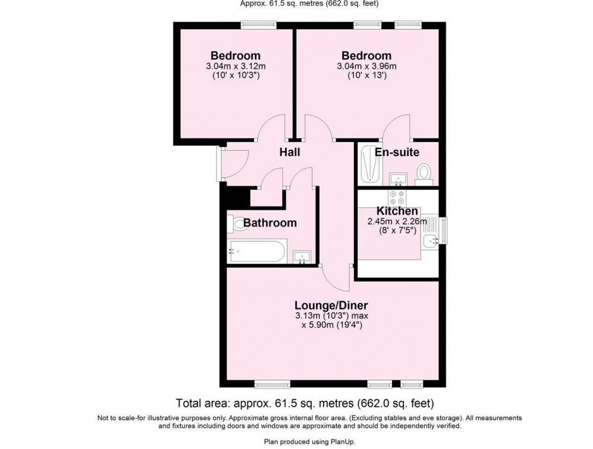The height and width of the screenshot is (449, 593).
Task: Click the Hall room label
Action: pos(290,152)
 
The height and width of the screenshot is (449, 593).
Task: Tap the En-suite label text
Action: pos(397,152)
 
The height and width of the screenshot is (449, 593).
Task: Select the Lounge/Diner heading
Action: pos(331,305)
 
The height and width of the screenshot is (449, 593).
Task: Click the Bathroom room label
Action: pos(270,223)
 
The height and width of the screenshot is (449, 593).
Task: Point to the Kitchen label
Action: pos(397,211)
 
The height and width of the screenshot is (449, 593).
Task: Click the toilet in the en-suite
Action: pos(424,175)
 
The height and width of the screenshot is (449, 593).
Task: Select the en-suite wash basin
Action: pos(397,179)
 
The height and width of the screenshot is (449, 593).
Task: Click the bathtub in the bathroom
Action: pos(257,251)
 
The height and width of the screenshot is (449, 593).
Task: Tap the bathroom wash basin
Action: pos(302,257)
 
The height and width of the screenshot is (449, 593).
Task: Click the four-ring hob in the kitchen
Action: pos(397,198)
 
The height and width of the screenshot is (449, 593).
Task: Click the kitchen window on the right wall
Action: pos(443,230)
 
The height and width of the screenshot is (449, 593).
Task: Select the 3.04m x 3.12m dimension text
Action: pos(235,67)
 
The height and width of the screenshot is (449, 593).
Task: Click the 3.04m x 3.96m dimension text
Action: pos(366,67)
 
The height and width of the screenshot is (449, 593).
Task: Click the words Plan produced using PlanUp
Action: pos(310,441)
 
